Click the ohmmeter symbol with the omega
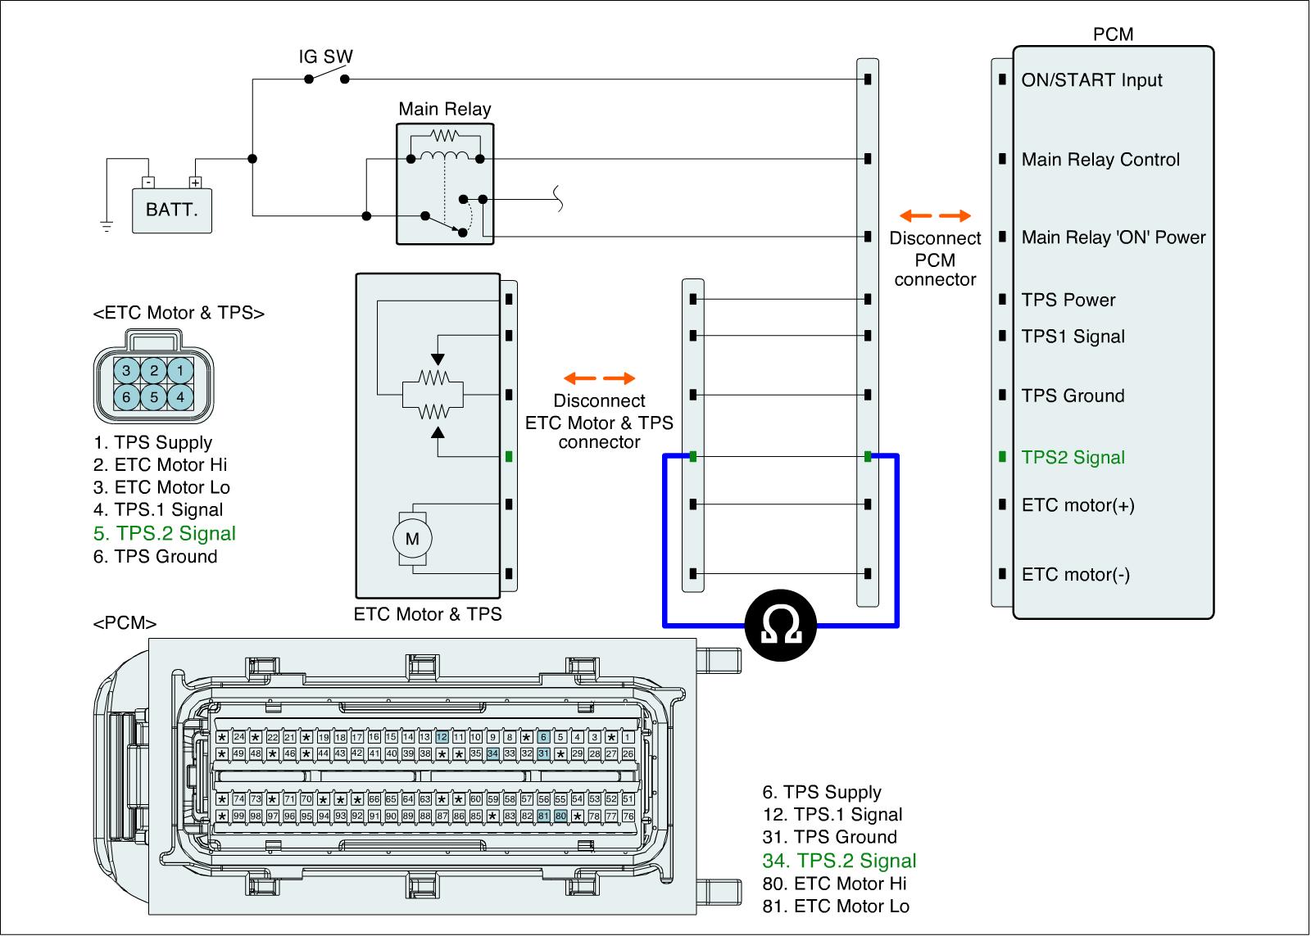point(780,626)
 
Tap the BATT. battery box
point(172,210)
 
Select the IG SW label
point(325,57)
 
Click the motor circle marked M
point(412,538)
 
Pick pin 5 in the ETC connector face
point(153,396)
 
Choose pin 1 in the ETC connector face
point(180,369)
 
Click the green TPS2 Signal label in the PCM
point(1073,457)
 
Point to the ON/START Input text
point(1091,80)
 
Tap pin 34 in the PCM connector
point(492,753)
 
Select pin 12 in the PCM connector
point(442,737)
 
